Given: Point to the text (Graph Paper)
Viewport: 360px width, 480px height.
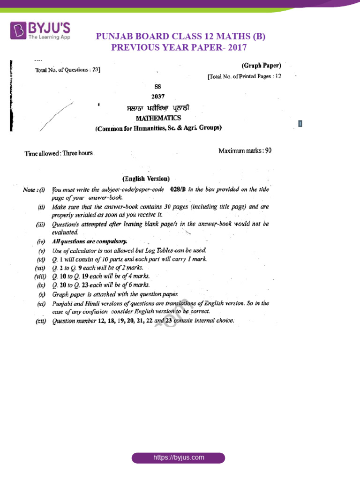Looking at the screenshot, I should point(261,66).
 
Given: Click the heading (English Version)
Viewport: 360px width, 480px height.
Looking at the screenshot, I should point(146,179).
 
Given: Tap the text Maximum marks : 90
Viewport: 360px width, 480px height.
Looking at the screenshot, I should point(244,151).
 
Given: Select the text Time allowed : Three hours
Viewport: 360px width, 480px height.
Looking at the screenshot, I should point(59,153).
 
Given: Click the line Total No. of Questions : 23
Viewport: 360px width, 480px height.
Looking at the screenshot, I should point(67,70).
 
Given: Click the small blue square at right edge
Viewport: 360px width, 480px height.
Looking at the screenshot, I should point(300,124).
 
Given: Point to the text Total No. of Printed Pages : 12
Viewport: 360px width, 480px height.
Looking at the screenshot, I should point(244,76).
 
